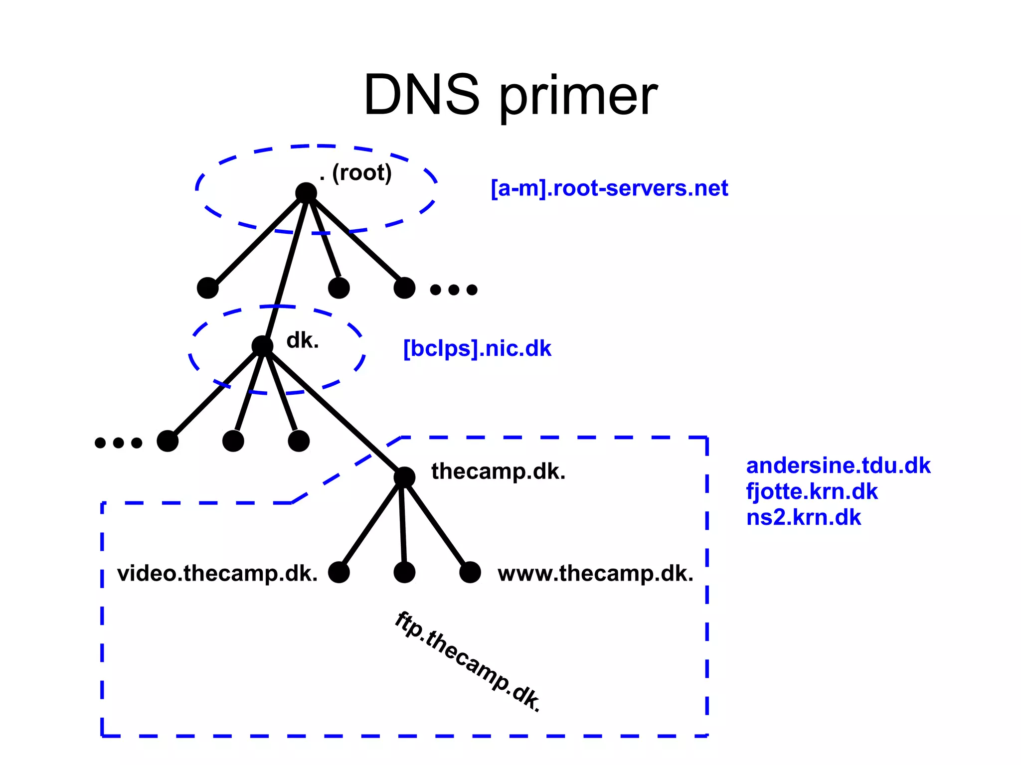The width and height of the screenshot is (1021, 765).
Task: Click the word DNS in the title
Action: (421, 95)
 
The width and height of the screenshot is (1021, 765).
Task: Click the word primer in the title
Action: (578, 97)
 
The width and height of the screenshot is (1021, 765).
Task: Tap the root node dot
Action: (306, 193)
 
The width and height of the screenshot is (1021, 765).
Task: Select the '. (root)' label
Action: (356, 173)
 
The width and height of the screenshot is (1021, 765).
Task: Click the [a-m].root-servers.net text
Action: (609, 188)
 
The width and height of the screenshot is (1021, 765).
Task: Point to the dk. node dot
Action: (262, 346)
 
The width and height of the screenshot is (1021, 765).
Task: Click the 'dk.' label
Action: (302, 341)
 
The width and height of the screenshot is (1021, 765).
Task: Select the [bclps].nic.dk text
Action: (477, 349)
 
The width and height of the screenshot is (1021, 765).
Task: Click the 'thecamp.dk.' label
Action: (498, 471)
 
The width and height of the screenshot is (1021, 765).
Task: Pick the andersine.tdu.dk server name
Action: (838, 465)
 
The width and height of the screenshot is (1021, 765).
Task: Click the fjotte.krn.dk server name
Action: (812, 492)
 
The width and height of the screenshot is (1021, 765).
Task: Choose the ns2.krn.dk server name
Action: (803, 517)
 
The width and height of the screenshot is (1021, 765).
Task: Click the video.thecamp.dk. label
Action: (217, 574)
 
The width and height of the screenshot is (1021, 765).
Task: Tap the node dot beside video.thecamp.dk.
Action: (339, 572)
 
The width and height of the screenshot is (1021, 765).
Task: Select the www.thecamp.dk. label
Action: (595, 574)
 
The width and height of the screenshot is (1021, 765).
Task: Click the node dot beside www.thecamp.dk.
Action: (470, 572)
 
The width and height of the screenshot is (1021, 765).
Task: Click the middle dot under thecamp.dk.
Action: (404, 572)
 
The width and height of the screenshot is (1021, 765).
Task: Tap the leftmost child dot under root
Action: (208, 288)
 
